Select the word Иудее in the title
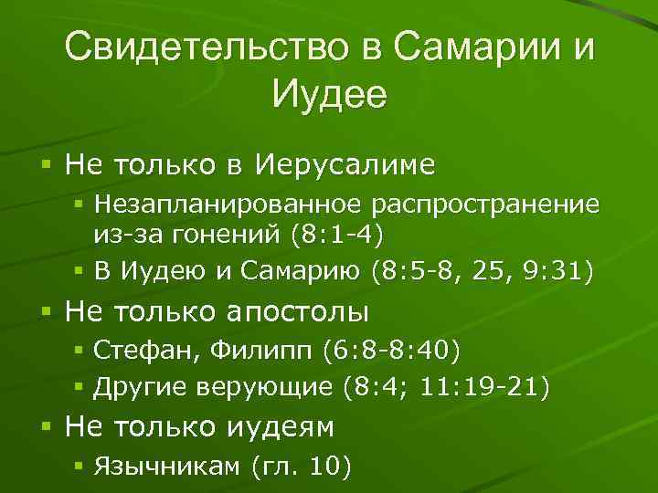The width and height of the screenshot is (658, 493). pos(329,93)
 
